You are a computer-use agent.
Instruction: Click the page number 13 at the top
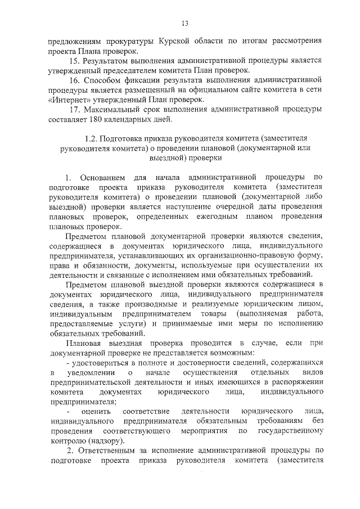pos(184,23)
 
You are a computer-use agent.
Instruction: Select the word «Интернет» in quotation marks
pos(66,100)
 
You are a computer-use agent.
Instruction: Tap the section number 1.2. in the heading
pos(92,138)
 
